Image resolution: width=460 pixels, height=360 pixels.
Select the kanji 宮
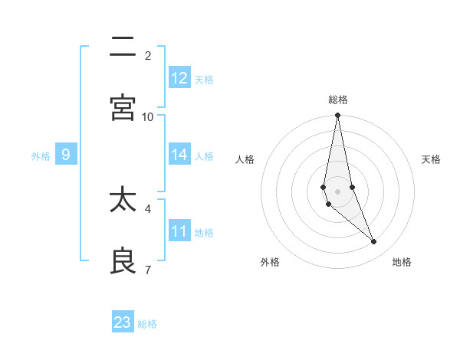click(x=123, y=107)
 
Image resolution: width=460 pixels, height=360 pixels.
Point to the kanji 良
click(x=123, y=261)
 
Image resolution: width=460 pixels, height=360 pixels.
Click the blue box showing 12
click(x=179, y=78)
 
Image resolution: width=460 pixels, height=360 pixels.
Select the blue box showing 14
click(x=179, y=155)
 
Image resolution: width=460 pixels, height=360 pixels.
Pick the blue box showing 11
click(x=179, y=231)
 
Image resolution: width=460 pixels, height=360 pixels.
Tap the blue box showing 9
click(x=66, y=155)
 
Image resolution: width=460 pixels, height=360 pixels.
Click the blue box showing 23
click(x=123, y=322)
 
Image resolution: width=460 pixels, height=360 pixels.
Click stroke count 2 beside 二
click(x=148, y=55)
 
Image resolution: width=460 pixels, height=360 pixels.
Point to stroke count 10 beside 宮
click(x=148, y=116)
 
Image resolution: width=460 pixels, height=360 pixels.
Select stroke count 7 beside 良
click(x=148, y=270)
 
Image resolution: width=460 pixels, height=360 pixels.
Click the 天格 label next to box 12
click(x=204, y=80)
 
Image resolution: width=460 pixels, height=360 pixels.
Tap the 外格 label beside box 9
click(x=41, y=156)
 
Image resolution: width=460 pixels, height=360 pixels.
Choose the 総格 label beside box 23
click(x=147, y=324)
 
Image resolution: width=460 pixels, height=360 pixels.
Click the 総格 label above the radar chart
click(x=338, y=100)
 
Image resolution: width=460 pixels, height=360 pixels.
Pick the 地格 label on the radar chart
click(x=402, y=262)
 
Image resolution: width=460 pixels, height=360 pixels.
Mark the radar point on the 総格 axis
click(x=337, y=116)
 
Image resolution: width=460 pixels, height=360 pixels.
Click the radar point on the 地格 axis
click(x=374, y=242)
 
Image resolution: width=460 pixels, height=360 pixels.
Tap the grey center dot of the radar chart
click(x=337, y=191)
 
